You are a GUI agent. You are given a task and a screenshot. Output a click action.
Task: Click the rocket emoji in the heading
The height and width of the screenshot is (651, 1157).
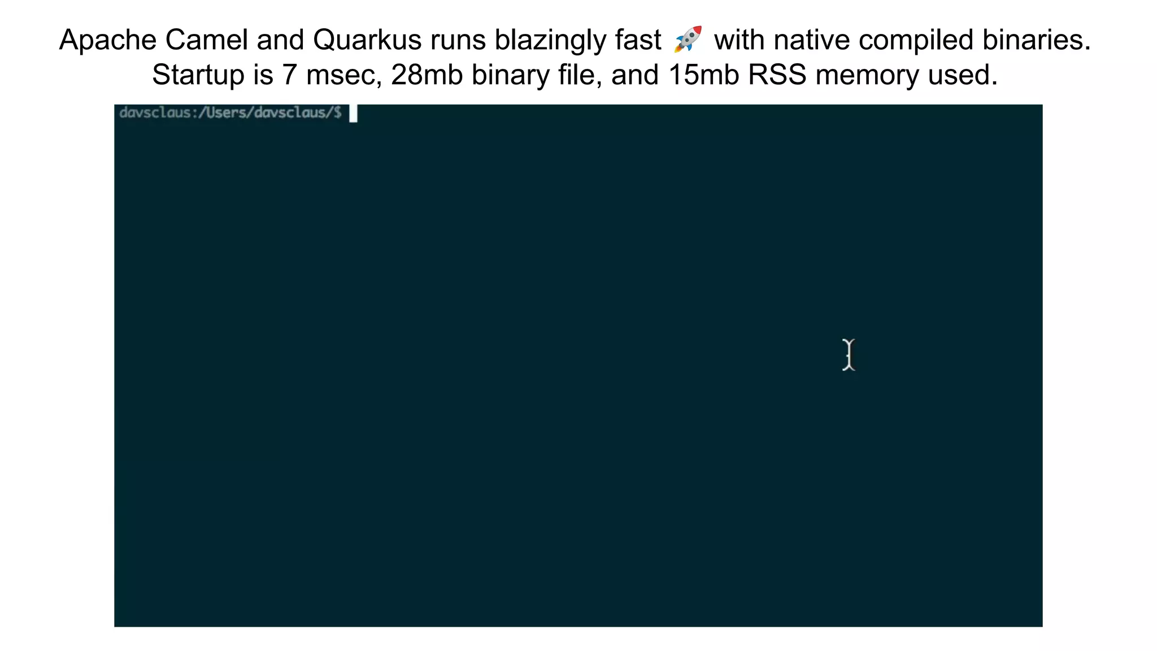(688, 39)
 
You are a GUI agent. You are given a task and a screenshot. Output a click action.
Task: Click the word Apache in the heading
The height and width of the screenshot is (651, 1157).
(108, 40)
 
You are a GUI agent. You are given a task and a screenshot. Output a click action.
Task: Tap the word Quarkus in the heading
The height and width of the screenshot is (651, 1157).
(367, 40)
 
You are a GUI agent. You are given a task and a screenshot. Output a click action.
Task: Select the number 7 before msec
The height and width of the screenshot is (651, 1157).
(289, 75)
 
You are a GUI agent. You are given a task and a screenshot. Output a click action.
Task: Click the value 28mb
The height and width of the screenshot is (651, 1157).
(427, 75)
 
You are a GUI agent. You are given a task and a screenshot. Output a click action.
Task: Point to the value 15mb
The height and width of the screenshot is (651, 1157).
(703, 75)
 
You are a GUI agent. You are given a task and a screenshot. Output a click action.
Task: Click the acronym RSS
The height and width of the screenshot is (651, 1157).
(777, 75)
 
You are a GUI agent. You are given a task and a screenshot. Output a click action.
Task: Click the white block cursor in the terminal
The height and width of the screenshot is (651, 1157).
(353, 114)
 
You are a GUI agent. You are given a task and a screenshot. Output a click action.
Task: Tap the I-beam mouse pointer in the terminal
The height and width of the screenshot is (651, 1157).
(849, 355)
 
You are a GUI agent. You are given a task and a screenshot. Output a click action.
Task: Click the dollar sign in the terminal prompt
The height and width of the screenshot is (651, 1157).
(337, 112)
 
